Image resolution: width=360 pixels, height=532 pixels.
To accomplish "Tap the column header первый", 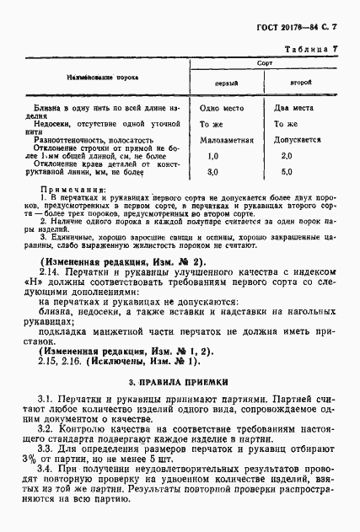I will pyautogui.click(x=226, y=84).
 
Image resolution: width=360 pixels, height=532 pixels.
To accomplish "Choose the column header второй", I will pyautogui.click(x=301, y=83).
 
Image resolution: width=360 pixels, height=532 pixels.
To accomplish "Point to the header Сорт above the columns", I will pyautogui.click(x=264, y=64).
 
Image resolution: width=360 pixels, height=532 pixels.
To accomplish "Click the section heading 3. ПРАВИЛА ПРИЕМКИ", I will pyautogui.click(x=180, y=357).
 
